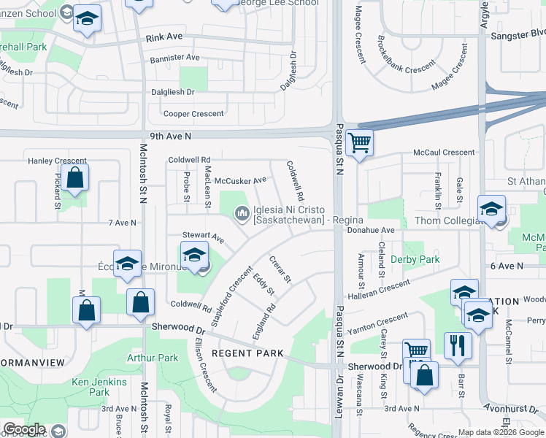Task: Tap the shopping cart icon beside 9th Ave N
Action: pos(358,143)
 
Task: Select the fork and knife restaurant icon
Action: pos(458,345)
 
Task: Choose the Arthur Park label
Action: pos(153,358)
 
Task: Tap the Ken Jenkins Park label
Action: pos(99,387)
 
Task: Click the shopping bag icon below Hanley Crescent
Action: pos(74,177)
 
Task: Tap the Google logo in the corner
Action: pos(23,430)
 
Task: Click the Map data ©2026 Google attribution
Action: pos(500,432)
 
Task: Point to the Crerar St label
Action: pos(280,269)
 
